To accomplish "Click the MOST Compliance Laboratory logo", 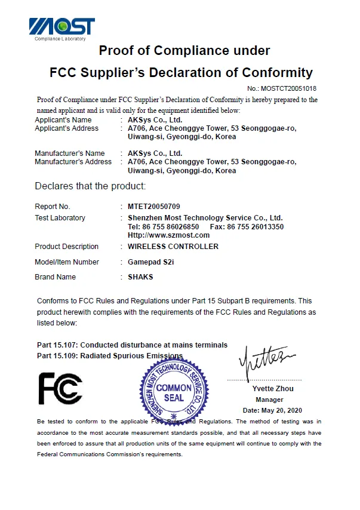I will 61,29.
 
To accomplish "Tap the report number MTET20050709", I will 153,207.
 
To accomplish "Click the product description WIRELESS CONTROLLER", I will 173,247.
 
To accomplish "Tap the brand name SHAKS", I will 140,277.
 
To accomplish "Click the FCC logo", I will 60,388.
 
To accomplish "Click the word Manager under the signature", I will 269,400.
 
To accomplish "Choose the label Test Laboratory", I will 60,218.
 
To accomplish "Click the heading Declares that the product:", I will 90,186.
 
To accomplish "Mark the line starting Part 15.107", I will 132,345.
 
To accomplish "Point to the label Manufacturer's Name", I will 69,153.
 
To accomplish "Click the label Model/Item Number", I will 67,262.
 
